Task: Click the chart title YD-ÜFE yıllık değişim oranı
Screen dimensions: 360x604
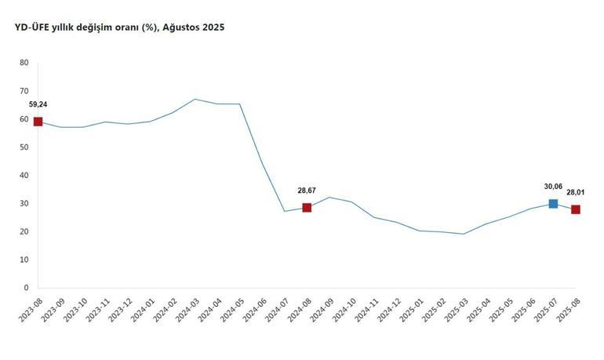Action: (86, 27)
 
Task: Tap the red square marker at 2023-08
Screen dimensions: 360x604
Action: (38, 122)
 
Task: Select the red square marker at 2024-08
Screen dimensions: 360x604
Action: (307, 208)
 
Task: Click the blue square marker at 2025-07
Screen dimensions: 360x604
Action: (553, 204)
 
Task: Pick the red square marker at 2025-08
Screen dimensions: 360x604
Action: (576, 209)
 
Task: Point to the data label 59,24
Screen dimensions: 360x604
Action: (38, 104)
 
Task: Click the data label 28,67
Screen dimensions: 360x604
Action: (307, 191)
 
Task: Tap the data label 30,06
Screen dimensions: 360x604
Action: (553, 187)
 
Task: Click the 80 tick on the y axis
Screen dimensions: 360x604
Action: (24, 63)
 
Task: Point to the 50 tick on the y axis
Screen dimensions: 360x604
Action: (24, 147)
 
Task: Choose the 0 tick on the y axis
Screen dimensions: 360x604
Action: (27, 288)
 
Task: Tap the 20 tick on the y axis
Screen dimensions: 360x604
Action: (24, 231)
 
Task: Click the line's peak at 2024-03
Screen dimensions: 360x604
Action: (195, 100)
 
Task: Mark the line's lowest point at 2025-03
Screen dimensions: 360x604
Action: (464, 234)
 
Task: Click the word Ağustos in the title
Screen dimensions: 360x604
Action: (181, 27)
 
